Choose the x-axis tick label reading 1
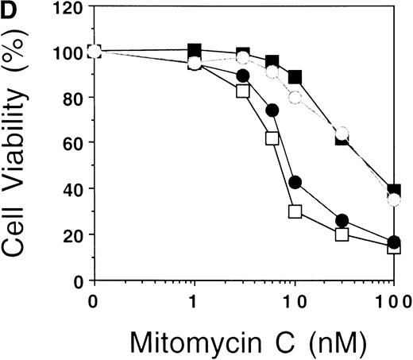tap(194, 303)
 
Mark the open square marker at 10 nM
tap(295, 211)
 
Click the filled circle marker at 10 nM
tap(295, 182)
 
